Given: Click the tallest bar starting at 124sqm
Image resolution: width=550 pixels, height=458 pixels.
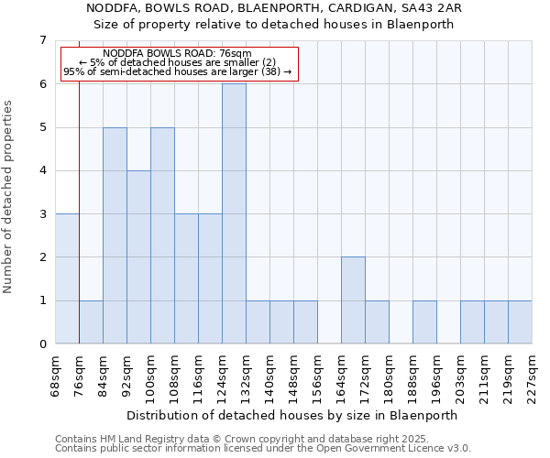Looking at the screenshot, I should click(x=234, y=213).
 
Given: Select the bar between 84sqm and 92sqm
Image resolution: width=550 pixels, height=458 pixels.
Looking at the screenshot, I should click(x=115, y=235).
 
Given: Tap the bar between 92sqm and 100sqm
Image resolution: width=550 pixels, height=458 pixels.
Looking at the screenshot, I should click(x=138, y=256).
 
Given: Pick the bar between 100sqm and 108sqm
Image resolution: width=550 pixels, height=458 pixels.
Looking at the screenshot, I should click(x=162, y=235).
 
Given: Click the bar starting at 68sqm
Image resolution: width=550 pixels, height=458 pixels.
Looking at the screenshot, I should click(x=67, y=278).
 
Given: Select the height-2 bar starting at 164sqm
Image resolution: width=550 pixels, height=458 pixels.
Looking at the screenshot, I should click(x=353, y=300).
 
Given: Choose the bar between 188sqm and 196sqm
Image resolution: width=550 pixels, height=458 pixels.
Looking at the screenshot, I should click(x=424, y=322).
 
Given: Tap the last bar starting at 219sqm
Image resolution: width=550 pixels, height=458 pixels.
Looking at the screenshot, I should click(x=520, y=322).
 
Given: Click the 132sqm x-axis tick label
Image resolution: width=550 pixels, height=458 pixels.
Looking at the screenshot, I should click(x=247, y=376).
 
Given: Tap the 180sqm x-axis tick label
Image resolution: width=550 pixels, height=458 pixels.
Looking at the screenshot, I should click(x=390, y=376).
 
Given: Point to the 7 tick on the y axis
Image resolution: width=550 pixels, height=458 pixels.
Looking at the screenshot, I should click(x=42, y=40).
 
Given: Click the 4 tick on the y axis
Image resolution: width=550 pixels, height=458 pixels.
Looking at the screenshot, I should click(x=42, y=170).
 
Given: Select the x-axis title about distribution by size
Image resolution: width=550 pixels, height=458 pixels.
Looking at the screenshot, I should click(x=291, y=415).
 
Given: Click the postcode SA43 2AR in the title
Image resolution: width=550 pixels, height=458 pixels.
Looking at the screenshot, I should click(x=435, y=8).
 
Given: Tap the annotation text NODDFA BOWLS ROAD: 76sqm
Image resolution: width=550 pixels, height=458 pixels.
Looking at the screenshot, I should click(x=178, y=54).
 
